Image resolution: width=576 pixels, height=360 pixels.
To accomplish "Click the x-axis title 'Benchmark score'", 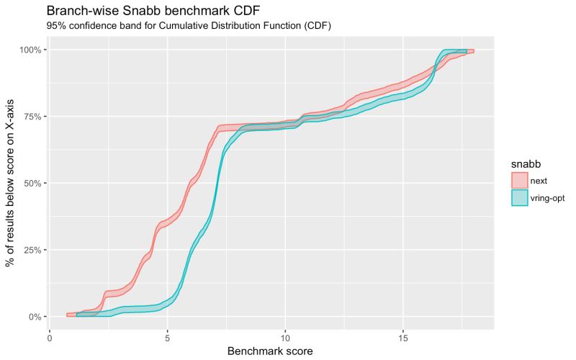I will (271, 351).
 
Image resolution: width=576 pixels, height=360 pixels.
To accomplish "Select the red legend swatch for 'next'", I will (520, 179).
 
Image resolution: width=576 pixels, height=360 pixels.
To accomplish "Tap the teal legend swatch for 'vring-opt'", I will (520, 197).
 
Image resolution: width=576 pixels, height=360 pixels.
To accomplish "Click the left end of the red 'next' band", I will (68, 315).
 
